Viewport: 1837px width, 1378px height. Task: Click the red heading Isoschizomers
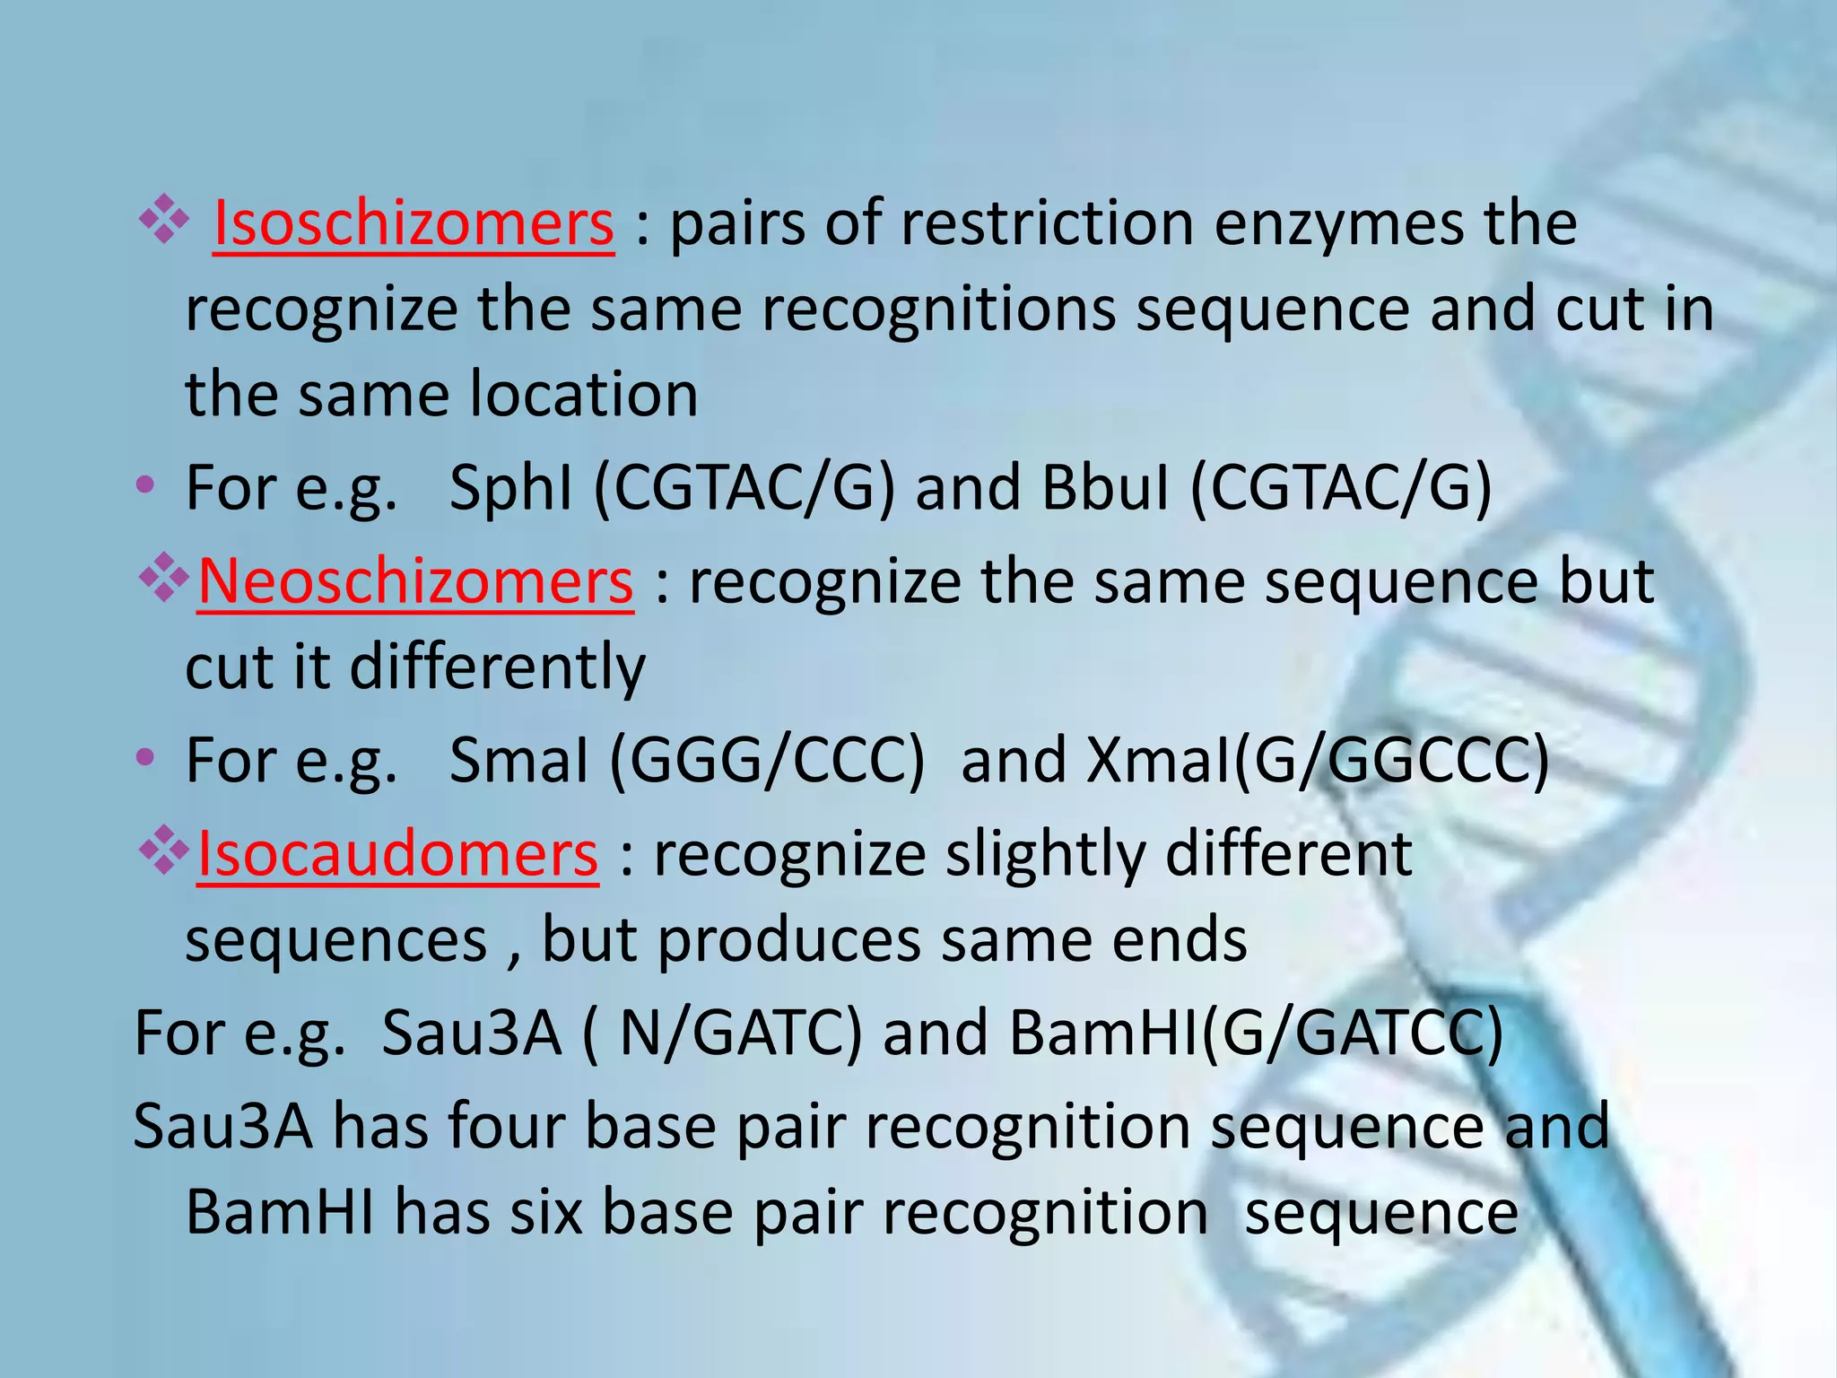[414, 224]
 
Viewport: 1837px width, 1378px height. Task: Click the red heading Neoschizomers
[415, 583]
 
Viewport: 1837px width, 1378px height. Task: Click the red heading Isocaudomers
[397, 854]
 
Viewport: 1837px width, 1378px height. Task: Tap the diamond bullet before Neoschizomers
[164, 579]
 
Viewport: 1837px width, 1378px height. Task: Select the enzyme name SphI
[510, 489]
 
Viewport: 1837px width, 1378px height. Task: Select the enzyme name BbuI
[1106, 489]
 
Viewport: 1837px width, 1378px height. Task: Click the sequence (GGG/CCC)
[767, 761]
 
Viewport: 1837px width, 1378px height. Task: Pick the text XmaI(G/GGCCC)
[1318, 761]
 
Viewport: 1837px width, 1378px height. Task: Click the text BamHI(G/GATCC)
[1256, 1033]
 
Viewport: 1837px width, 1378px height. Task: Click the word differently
[497, 668]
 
